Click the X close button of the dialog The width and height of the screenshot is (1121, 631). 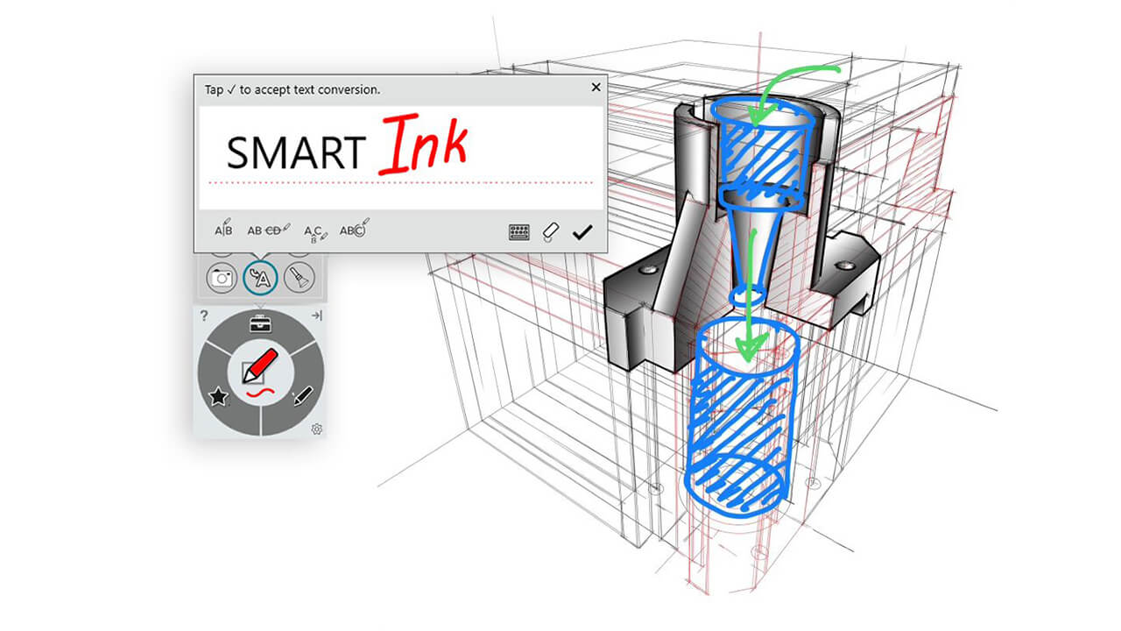pyautogui.click(x=596, y=88)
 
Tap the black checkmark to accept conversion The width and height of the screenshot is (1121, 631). pyautogui.click(x=582, y=232)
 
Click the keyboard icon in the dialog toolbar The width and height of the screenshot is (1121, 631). pyautogui.click(x=519, y=232)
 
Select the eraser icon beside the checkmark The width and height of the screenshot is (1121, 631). pyautogui.click(x=550, y=232)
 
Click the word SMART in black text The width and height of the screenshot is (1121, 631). pyautogui.click(x=295, y=152)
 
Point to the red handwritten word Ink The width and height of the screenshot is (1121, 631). pyautogui.click(x=423, y=147)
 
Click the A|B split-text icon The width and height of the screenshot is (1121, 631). pyautogui.click(x=224, y=230)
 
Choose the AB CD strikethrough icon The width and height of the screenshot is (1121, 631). pyautogui.click(x=268, y=230)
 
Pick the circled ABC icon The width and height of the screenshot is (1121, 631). pyautogui.click(x=353, y=230)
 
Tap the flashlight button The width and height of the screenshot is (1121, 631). pyautogui.click(x=299, y=279)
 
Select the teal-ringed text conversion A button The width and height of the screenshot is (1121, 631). pyautogui.click(x=260, y=279)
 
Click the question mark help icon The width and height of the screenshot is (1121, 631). pyautogui.click(x=204, y=315)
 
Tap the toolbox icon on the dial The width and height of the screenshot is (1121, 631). pyautogui.click(x=260, y=323)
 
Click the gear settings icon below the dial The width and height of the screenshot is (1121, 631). pyautogui.click(x=317, y=429)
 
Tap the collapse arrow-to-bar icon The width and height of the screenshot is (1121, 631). pyautogui.click(x=316, y=315)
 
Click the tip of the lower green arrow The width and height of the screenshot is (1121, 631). pyautogui.click(x=745, y=358)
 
